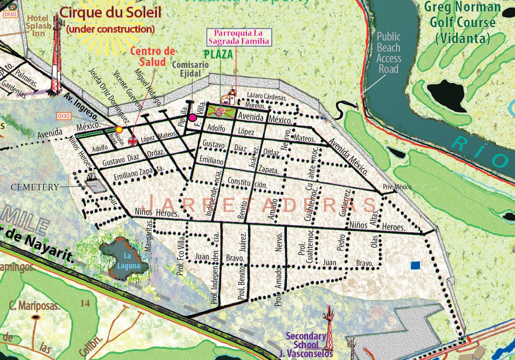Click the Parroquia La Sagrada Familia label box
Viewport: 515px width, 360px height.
coord(239,37)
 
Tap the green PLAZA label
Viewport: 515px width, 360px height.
coord(218,54)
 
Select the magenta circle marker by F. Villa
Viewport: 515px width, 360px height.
coord(192,118)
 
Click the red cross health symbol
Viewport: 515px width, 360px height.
coord(133,141)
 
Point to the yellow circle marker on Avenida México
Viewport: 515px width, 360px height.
coord(119,130)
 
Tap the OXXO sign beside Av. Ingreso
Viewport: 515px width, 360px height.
coord(64,116)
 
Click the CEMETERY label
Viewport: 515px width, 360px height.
coord(35,187)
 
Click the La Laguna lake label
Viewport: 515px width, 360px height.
coord(128,261)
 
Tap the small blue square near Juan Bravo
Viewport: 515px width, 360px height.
coord(416,265)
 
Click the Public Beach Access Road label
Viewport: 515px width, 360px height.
coord(389,53)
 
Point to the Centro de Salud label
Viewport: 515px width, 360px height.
coord(153,56)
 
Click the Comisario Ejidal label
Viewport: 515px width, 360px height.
coord(190,69)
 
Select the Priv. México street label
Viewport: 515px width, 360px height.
coord(397,187)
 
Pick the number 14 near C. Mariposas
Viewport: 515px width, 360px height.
coord(85,303)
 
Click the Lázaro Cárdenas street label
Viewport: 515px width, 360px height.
coord(267,96)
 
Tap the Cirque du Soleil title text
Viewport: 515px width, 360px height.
coord(110,13)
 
